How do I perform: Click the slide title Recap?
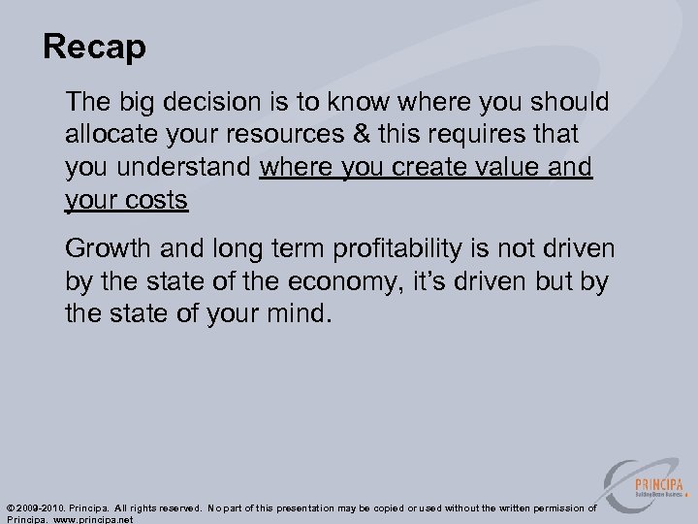(x=94, y=48)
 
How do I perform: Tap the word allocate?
(x=110, y=135)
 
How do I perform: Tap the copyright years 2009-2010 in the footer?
(x=43, y=508)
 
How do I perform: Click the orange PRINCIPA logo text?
(x=660, y=485)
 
